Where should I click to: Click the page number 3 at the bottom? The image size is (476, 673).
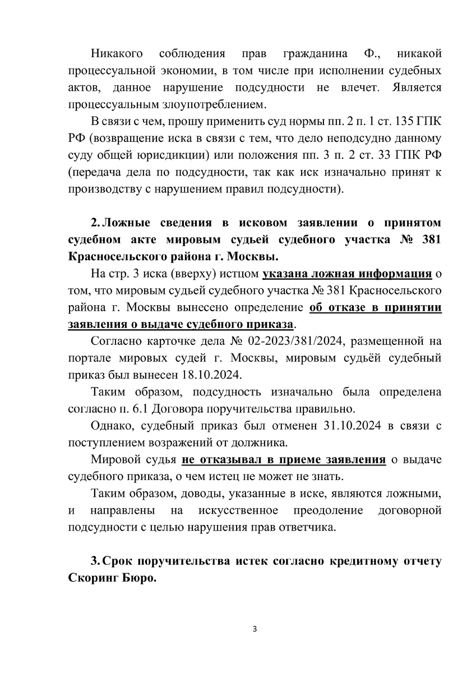pos(255,628)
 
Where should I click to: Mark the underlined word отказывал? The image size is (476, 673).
pos(227,460)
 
